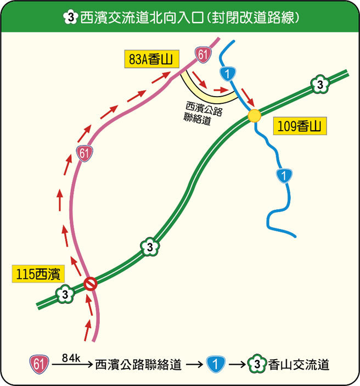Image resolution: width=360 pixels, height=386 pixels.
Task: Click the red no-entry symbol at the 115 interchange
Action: tap(91, 284)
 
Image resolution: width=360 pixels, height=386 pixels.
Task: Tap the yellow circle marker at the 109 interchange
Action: tap(254, 116)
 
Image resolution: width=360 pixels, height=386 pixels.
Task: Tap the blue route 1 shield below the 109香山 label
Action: tap(284, 175)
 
